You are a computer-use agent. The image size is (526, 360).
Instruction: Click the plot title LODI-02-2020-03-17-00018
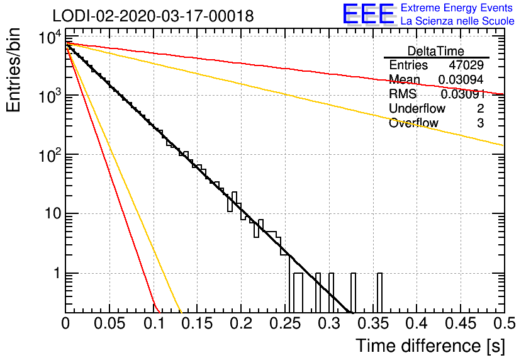pyautogui.click(x=153, y=16)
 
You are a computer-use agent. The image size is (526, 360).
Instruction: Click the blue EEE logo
pyautogui.click(x=368, y=14)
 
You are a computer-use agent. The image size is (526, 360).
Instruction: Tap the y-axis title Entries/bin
pyautogui.click(x=13, y=70)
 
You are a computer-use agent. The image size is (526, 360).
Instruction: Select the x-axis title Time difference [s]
pyautogui.click(x=430, y=346)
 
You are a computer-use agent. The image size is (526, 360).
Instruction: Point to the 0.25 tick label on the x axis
pyautogui.click(x=285, y=323)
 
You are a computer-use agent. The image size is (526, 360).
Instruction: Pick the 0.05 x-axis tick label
pyautogui.click(x=109, y=323)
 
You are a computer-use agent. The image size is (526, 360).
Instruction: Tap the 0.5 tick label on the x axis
pyautogui.click(x=503, y=323)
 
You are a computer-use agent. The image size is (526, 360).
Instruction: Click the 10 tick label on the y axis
pyautogui.click(x=53, y=214)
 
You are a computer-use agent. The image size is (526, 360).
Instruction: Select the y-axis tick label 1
pyautogui.click(x=57, y=273)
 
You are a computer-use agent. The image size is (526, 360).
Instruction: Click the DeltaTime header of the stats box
pyautogui.click(x=436, y=51)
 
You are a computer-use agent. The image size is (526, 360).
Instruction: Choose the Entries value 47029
pyautogui.click(x=466, y=65)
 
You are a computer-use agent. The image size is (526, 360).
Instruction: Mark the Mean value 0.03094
pyautogui.click(x=461, y=79)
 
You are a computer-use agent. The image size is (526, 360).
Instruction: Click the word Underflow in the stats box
pyautogui.click(x=417, y=108)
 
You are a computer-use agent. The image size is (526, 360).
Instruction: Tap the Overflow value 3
pyautogui.click(x=480, y=123)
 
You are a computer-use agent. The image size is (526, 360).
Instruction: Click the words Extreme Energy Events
pyautogui.click(x=457, y=8)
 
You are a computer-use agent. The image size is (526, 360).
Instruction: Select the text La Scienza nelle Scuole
pyautogui.click(x=457, y=21)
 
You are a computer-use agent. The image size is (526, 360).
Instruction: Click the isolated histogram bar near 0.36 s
pyautogui.click(x=379, y=293)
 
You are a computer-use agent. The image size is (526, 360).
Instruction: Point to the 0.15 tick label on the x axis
pyautogui.click(x=198, y=323)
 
